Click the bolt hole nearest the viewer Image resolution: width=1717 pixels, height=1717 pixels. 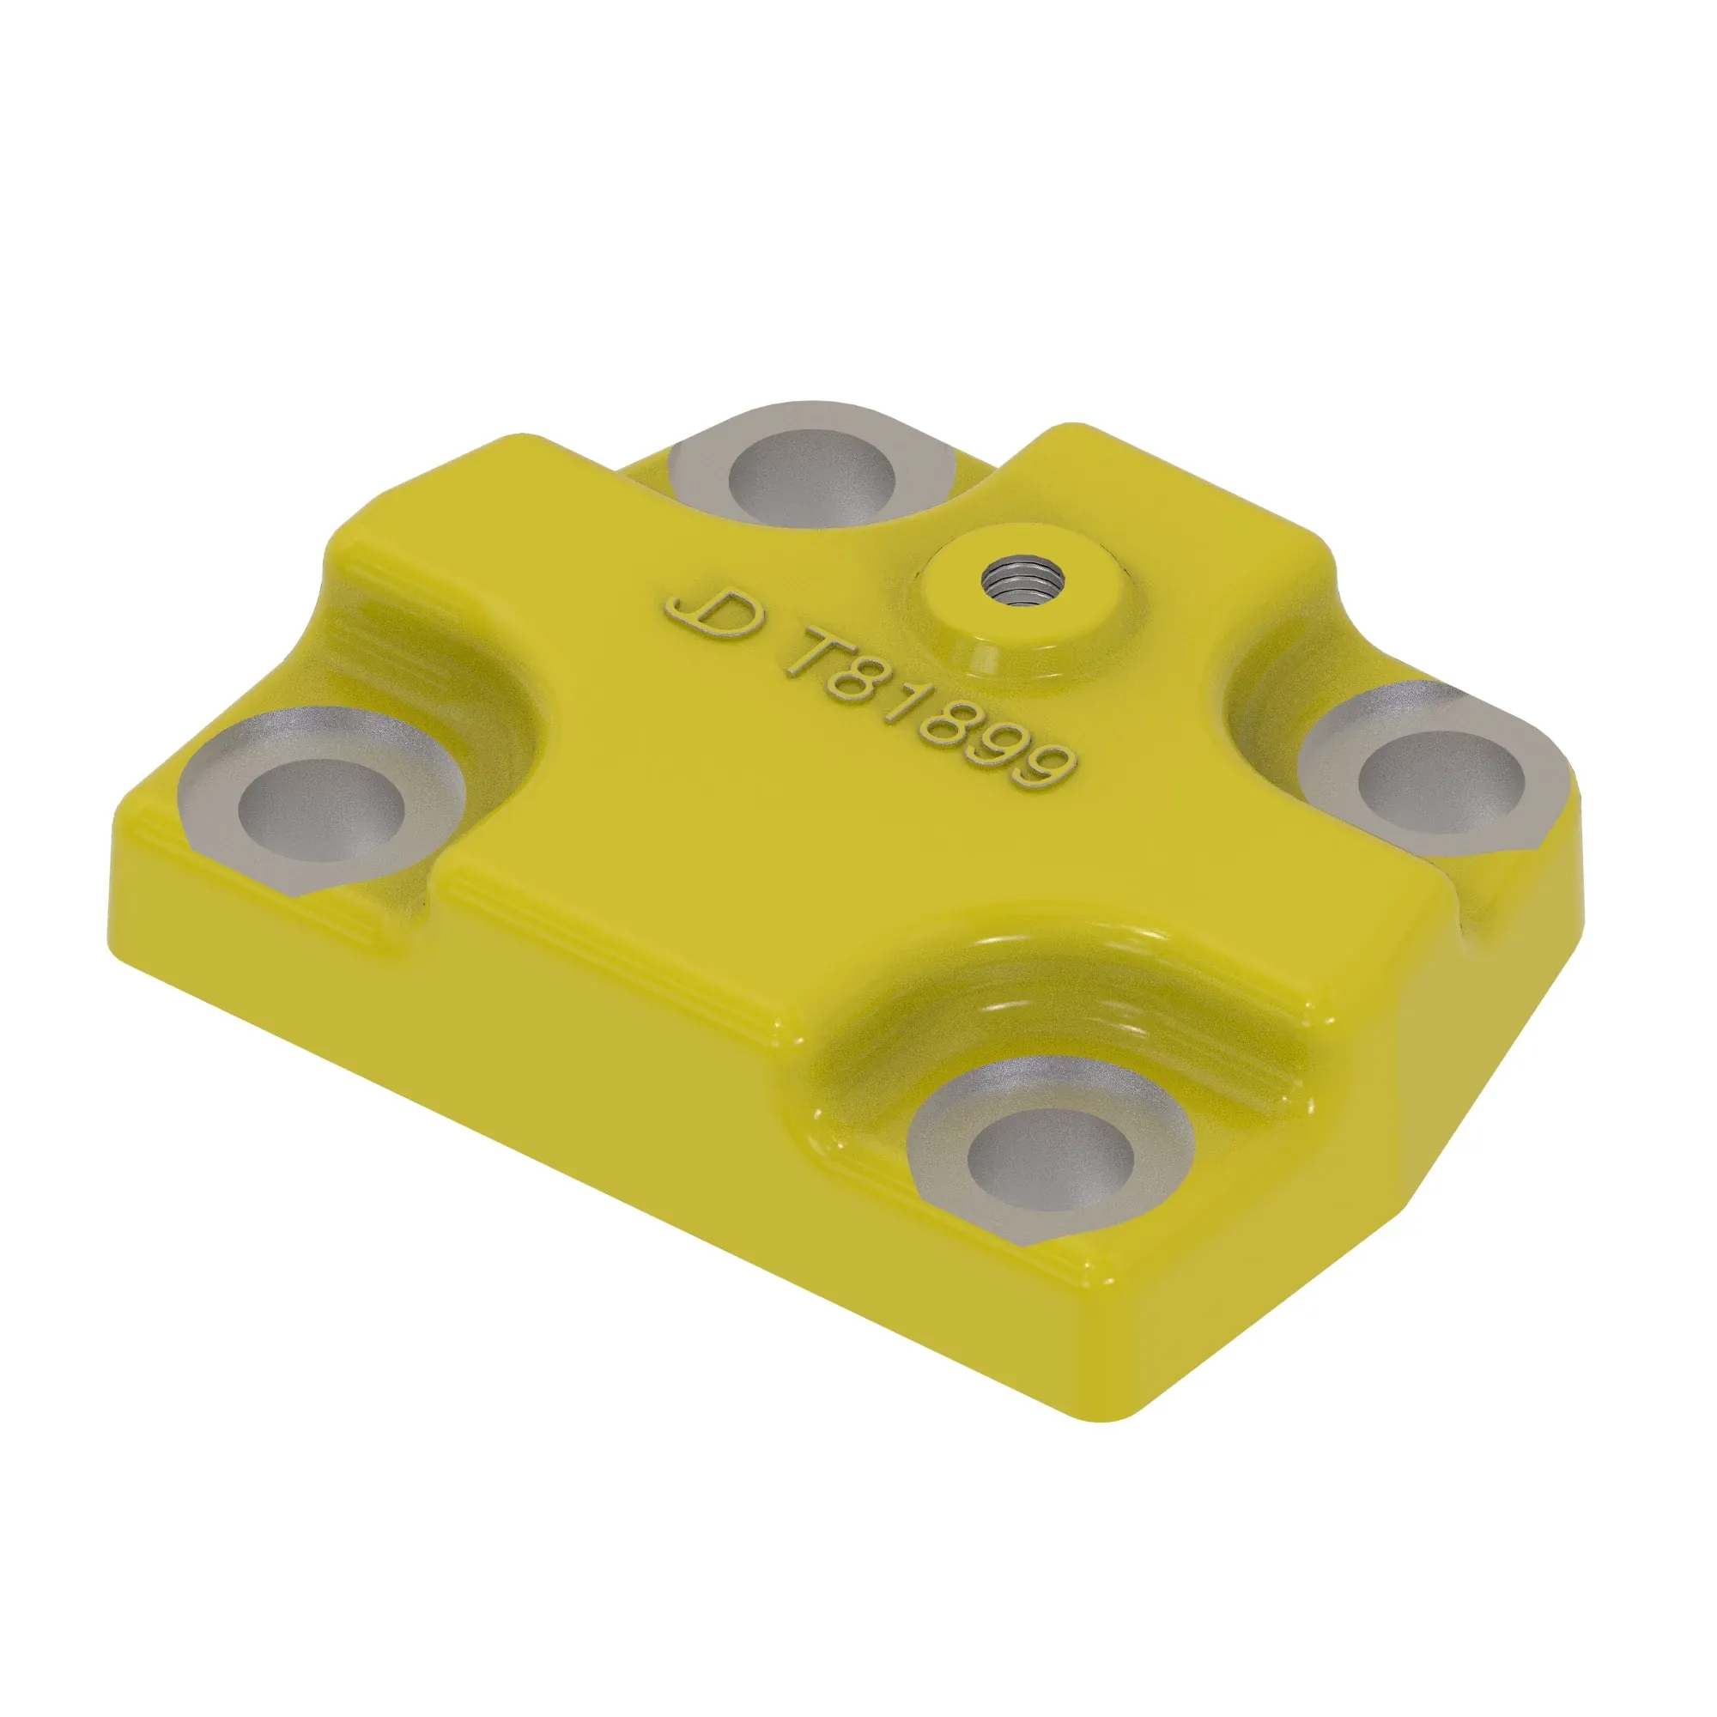coord(1052,1157)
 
